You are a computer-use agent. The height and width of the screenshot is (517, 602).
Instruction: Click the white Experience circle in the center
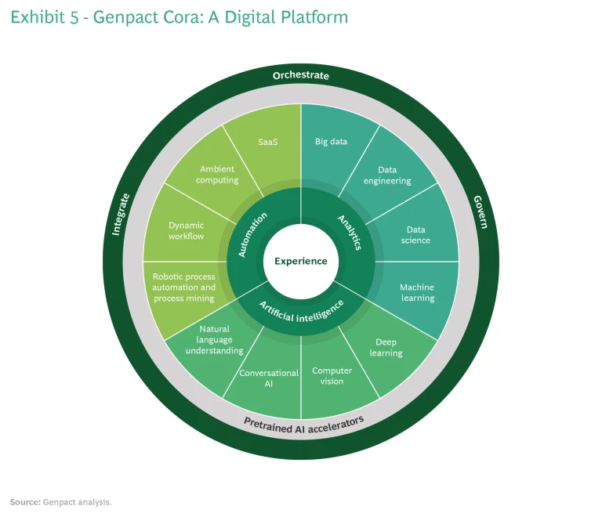[301, 261]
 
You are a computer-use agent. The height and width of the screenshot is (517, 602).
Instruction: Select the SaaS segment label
[269, 143]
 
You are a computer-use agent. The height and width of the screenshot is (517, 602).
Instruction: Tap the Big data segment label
[331, 142]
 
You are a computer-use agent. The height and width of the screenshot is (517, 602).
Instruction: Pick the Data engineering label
[393, 175]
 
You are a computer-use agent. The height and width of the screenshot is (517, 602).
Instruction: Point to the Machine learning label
[416, 292]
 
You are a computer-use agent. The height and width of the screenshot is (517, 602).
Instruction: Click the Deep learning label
[386, 347]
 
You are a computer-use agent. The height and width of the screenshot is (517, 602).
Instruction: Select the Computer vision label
[332, 376]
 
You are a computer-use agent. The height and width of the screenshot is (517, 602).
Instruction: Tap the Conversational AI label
[269, 378]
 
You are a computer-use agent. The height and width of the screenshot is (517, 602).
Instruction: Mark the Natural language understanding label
[214, 340]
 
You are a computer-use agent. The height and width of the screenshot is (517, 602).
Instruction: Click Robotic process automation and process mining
[184, 287]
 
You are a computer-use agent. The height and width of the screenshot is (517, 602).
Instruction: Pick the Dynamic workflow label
[186, 230]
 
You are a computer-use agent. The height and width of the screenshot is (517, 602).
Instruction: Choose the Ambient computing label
[218, 174]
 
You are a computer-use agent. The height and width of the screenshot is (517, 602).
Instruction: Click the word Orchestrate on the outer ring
[301, 75]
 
